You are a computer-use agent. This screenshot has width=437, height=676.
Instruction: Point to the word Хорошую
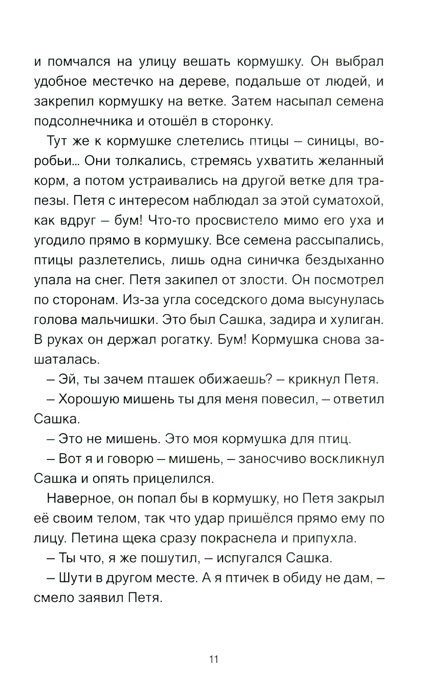coord(90,399)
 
